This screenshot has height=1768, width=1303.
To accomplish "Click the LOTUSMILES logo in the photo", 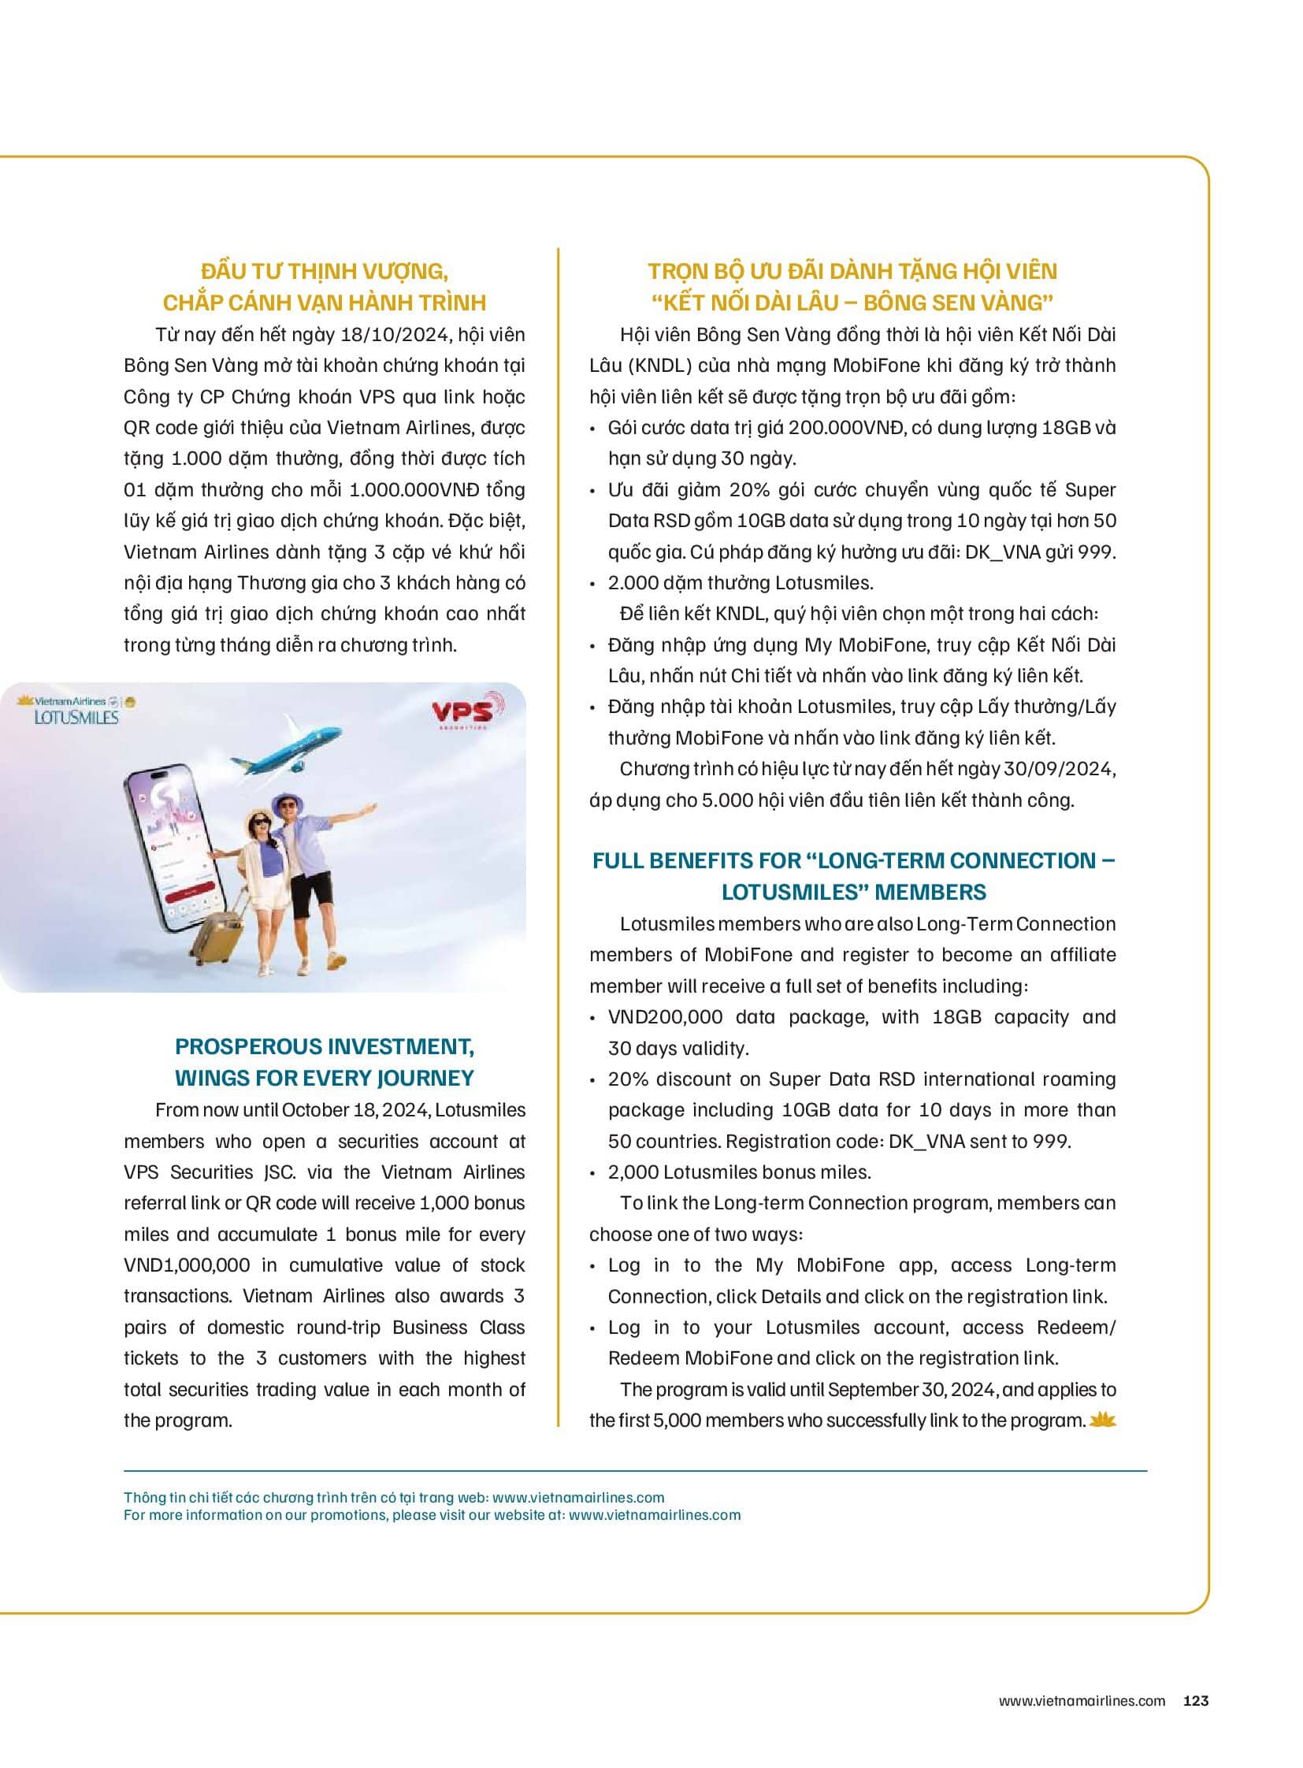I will (x=76, y=717).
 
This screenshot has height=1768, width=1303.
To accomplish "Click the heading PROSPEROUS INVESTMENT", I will (x=324, y=1047).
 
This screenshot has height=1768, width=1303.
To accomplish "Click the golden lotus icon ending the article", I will (x=1103, y=1421).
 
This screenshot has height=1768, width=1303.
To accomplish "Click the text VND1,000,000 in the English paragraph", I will (x=187, y=1265).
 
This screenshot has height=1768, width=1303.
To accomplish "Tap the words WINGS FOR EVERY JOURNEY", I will (x=324, y=1079).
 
